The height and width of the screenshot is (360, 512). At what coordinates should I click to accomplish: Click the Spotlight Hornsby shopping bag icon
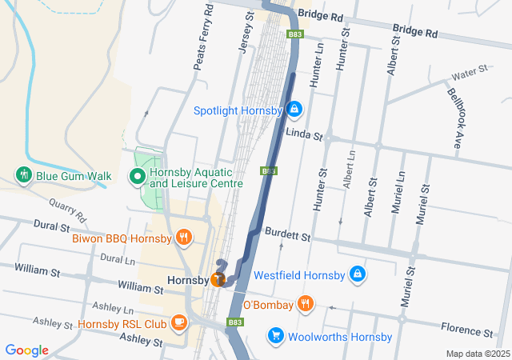pos(294,108)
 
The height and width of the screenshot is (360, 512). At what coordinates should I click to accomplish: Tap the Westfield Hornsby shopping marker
pos(358,275)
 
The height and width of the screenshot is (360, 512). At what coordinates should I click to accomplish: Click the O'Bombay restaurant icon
pos(305,304)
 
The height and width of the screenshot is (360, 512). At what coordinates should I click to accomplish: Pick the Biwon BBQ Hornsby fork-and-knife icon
pos(184,237)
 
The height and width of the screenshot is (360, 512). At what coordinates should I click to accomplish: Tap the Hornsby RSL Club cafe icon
pos(178,323)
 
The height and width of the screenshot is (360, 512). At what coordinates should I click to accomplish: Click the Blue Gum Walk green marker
pos(23,174)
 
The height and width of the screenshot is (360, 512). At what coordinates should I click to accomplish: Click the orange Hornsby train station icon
pos(218,279)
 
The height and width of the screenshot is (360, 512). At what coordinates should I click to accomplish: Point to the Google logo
pos(26,350)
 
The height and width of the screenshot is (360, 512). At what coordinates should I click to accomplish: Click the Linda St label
pos(303,134)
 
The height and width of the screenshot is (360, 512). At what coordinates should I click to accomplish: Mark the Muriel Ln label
pos(398,197)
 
